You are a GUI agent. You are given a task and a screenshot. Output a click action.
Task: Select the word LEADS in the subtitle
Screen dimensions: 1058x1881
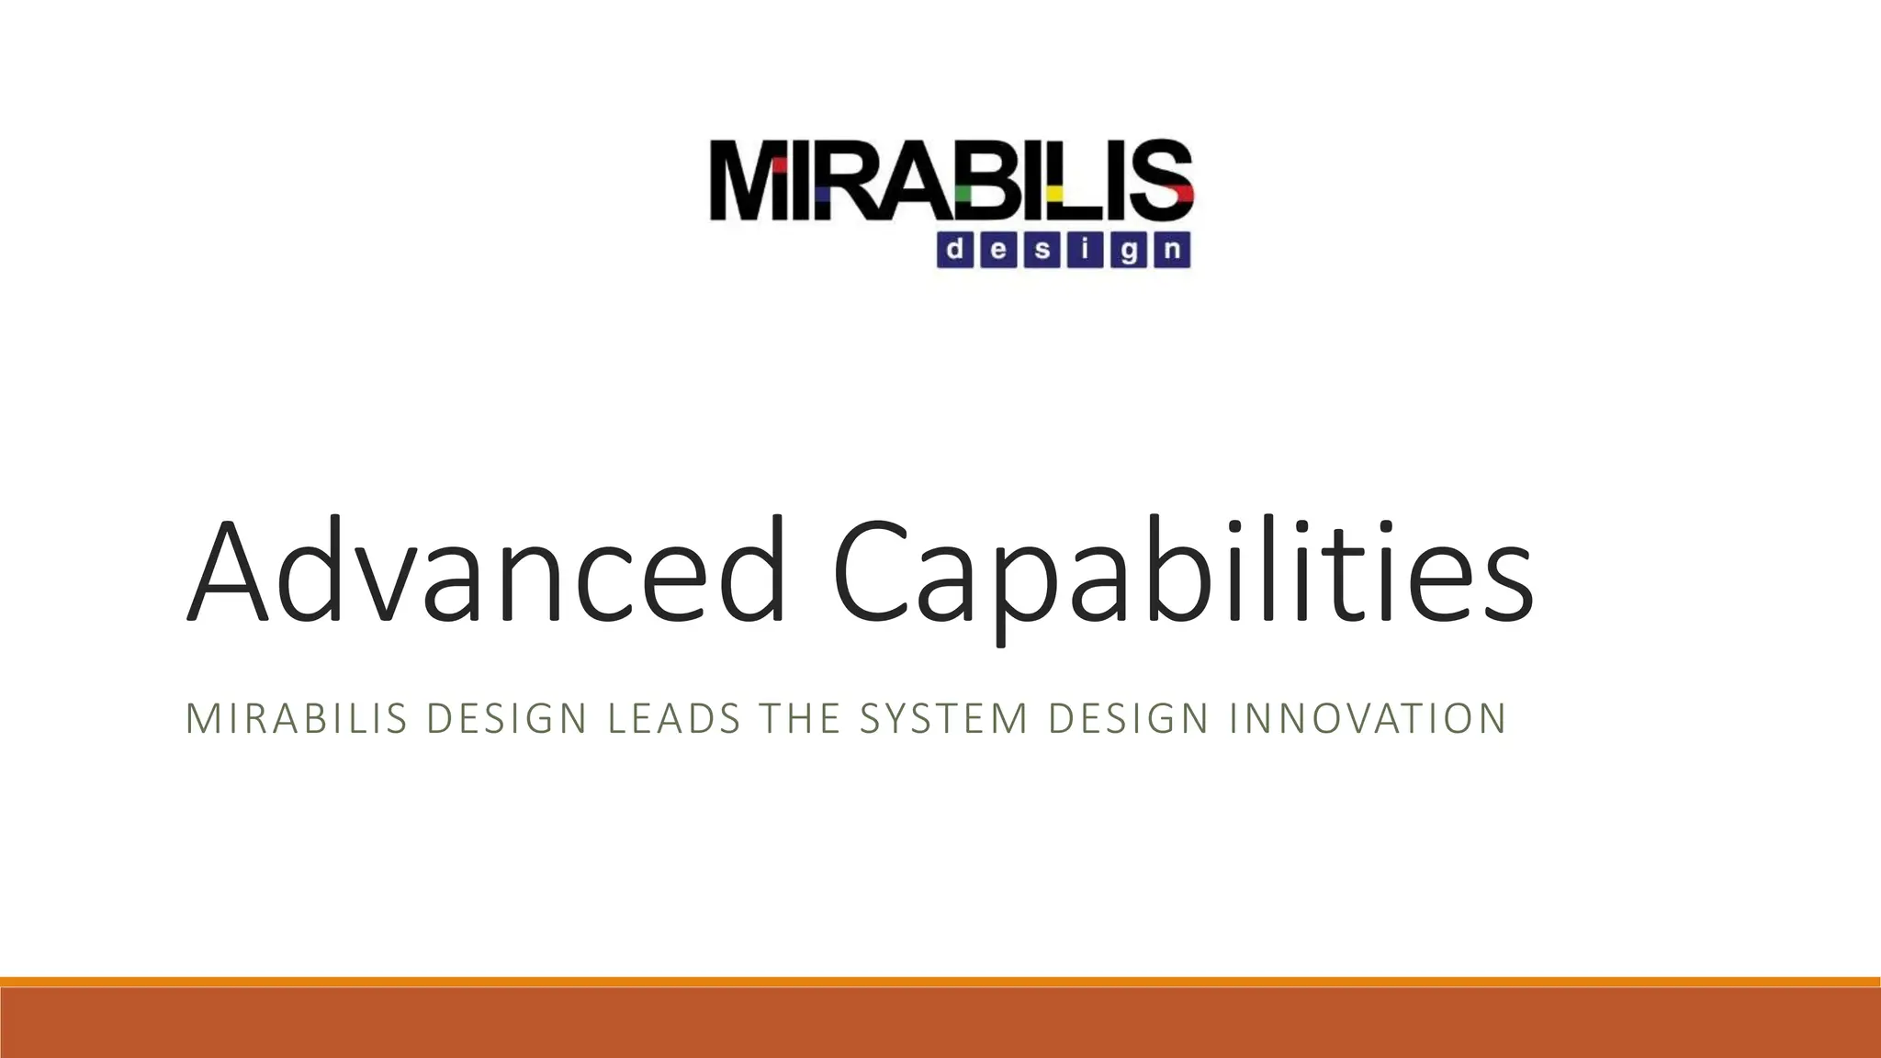pos(673,718)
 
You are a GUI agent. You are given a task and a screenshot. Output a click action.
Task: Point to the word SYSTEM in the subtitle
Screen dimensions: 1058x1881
pos(943,718)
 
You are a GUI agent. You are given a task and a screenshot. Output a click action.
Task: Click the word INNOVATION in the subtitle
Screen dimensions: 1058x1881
pos(1367,718)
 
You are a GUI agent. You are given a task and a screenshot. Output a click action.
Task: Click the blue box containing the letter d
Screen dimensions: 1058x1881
pos(955,250)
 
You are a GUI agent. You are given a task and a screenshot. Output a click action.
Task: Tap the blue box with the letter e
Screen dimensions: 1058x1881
pos(999,250)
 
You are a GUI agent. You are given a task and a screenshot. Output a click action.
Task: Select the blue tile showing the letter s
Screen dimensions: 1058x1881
pos(1042,250)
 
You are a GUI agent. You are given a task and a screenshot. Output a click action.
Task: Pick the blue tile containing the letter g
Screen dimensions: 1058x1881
pos(1129,250)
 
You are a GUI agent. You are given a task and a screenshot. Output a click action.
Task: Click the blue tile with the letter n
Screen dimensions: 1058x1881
pos(1172,250)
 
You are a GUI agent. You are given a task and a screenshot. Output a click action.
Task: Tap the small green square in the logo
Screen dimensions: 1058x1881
pos(963,194)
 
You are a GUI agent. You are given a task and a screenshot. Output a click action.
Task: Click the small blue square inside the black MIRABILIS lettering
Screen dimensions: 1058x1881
pos(824,195)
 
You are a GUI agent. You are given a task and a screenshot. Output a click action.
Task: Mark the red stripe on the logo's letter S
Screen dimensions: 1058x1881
pos(1179,192)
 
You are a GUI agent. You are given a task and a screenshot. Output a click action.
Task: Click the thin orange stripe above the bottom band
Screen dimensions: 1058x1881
pos(940,982)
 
